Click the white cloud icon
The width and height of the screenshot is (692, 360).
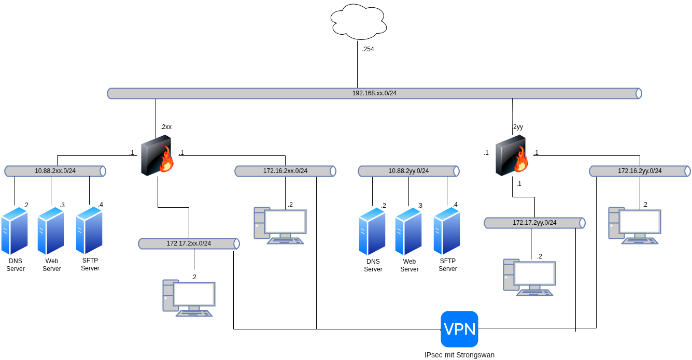(359, 22)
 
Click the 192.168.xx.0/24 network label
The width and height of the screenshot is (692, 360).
(374, 93)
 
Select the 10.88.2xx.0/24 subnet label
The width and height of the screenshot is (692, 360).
(55, 171)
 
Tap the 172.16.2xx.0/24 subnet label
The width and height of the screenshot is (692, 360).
(285, 171)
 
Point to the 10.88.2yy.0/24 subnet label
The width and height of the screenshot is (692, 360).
(408, 171)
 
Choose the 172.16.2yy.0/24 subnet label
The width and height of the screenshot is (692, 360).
(640, 171)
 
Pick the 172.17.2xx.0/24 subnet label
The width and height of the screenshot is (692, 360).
(189, 243)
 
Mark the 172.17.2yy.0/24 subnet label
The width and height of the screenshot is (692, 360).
(534, 223)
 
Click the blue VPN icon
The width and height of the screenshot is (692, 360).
(459, 329)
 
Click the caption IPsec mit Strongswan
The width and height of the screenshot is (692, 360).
(459, 355)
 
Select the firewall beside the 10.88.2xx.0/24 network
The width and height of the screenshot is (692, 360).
(157, 155)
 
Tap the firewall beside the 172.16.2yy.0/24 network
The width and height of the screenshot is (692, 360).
(512, 155)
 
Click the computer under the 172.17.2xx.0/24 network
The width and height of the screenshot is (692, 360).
(189, 298)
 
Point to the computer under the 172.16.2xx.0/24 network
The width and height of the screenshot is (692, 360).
(280, 225)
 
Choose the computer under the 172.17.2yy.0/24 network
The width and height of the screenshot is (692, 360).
(529, 277)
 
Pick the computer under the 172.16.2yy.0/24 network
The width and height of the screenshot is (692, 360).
(634, 225)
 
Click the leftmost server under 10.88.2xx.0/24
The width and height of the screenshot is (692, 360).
(14, 231)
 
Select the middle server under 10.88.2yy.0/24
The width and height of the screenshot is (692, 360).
(408, 231)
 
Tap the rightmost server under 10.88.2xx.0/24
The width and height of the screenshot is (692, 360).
(89, 231)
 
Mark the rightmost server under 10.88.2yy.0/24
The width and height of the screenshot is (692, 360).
(446, 231)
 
